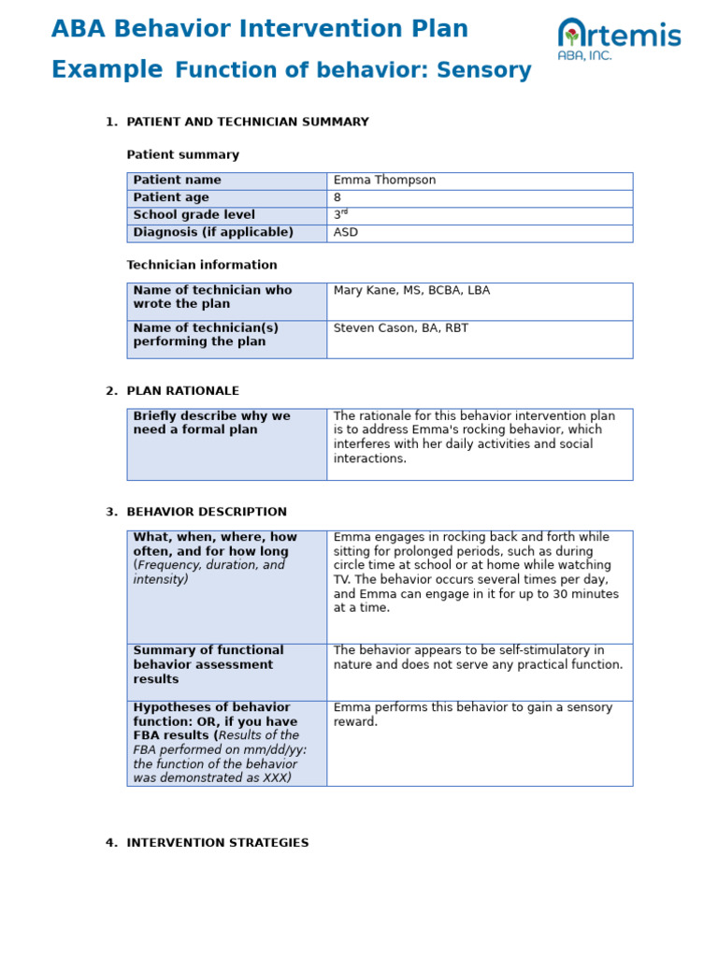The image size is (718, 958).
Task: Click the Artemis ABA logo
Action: [x=619, y=39]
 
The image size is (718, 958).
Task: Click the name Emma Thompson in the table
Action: [x=384, y=181]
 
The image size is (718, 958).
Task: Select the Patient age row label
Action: [x=171, y=198]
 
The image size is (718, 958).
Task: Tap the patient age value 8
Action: [x=337, y=198]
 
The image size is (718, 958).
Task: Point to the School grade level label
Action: [x=194, y=215]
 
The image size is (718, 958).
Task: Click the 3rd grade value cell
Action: [x=340, y=215]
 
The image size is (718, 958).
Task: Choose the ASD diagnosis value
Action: [x=346, y=233]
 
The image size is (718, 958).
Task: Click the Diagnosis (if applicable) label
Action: [x=213, y=233]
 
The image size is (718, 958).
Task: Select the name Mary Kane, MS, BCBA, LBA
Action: [x=411, y=291]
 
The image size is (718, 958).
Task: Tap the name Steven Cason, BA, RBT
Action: [x=401, y=328]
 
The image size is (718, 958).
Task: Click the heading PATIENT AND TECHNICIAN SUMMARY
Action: [x=247, y=123]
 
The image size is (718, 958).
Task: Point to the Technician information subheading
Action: [x=202, y=266]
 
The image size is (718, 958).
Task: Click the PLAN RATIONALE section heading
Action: [x=182, y=391]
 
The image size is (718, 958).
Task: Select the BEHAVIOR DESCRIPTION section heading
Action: [x=207, y=513]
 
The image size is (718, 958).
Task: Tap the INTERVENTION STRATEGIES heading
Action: [x=217, y=843]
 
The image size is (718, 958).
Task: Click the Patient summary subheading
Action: [x=182, y=155]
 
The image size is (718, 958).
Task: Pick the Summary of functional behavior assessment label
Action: [x=208, y=665]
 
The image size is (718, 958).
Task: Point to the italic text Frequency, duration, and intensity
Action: [x=209, y=573]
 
